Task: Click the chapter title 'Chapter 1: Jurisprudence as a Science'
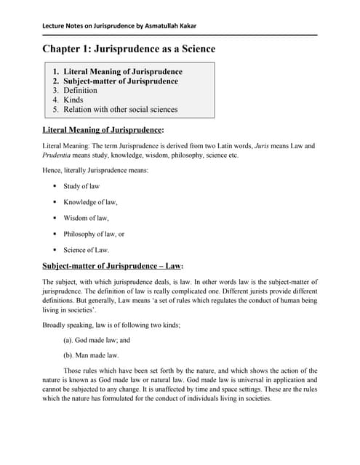pyautogui.click(x=129, y=49)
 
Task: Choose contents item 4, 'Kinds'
pyautogui.click(x=75, y=100)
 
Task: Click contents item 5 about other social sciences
pyautogui.click(x=120, y=110)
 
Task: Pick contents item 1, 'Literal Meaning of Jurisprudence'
pyautogui.click(x=122, y=72)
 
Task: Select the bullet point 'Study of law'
pyautogui.click(x=81, y=186)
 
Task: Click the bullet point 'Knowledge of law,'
pyautogui.click(x=89, y=202)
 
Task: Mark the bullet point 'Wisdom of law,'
pyautogui.click(x=86, y=218)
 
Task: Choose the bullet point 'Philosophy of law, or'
pyautogui.click(x=94, y=234)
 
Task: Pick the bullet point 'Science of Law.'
pyautogui.click(x=86, y=250)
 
